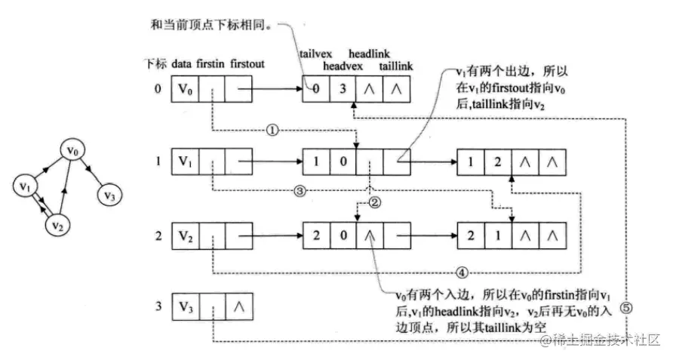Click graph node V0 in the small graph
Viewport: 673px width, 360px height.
pos(72,150)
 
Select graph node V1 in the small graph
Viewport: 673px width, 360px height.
pos(26,186)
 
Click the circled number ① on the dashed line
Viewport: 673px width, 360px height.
pos(273,130)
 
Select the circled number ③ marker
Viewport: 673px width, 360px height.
pos(299,192)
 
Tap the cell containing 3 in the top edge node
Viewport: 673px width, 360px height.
pos(343,90)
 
